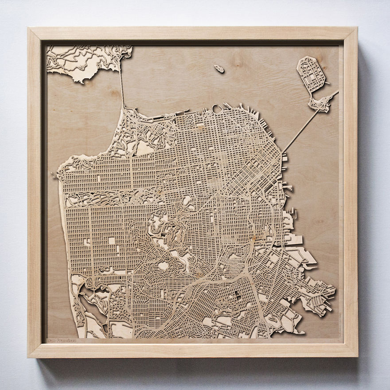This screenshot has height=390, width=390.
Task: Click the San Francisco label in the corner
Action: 62,340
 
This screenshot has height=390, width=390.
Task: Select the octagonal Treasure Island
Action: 311,73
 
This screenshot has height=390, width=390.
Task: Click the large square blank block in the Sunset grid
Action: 112,241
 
